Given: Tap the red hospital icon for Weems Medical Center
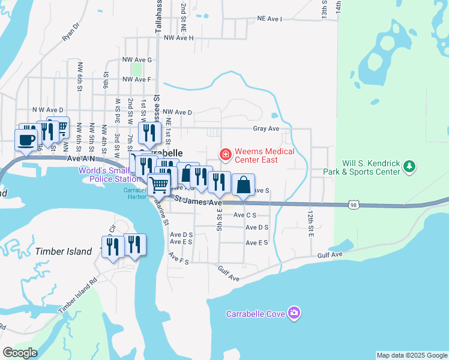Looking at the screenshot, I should pos(226,155).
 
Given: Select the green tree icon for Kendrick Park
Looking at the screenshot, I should pos(409,166).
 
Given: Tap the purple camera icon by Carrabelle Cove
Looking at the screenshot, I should pos(294,313).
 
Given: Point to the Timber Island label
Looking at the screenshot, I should pos(64,251).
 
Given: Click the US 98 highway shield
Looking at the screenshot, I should pos(354,205).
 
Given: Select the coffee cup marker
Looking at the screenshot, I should pos(26,140).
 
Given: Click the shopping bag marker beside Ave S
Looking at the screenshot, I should pos(243,184).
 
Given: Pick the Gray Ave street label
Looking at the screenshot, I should pos(266,128).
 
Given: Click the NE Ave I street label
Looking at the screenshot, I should pos(270,19).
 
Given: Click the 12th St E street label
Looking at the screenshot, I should pos(311,224).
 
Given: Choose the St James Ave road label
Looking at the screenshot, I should pos(199,201).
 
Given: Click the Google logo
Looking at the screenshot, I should pos(20,353).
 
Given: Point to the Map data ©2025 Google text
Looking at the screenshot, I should pos(412,355).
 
